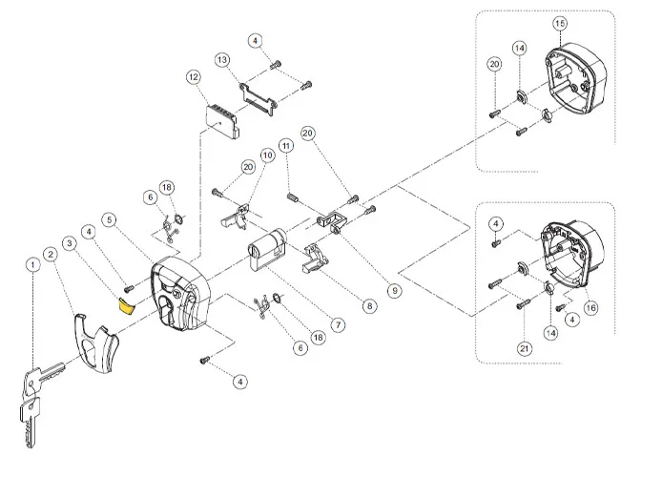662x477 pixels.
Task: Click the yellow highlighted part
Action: click(x=124, y=305)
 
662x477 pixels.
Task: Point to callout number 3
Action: click(x=69, y=244)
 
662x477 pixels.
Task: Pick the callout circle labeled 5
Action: click(x=111, y=220)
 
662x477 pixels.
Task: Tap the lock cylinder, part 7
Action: click(x=271, y=257)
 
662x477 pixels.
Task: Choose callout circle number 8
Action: click(x=369, y=306)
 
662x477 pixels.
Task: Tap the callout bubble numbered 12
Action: click(x=194, y=76)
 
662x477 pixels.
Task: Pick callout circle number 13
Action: click(x=222, y=60)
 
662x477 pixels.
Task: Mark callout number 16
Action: click(x=590, y=308)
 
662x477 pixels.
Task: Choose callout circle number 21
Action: click(x=525, y=349)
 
